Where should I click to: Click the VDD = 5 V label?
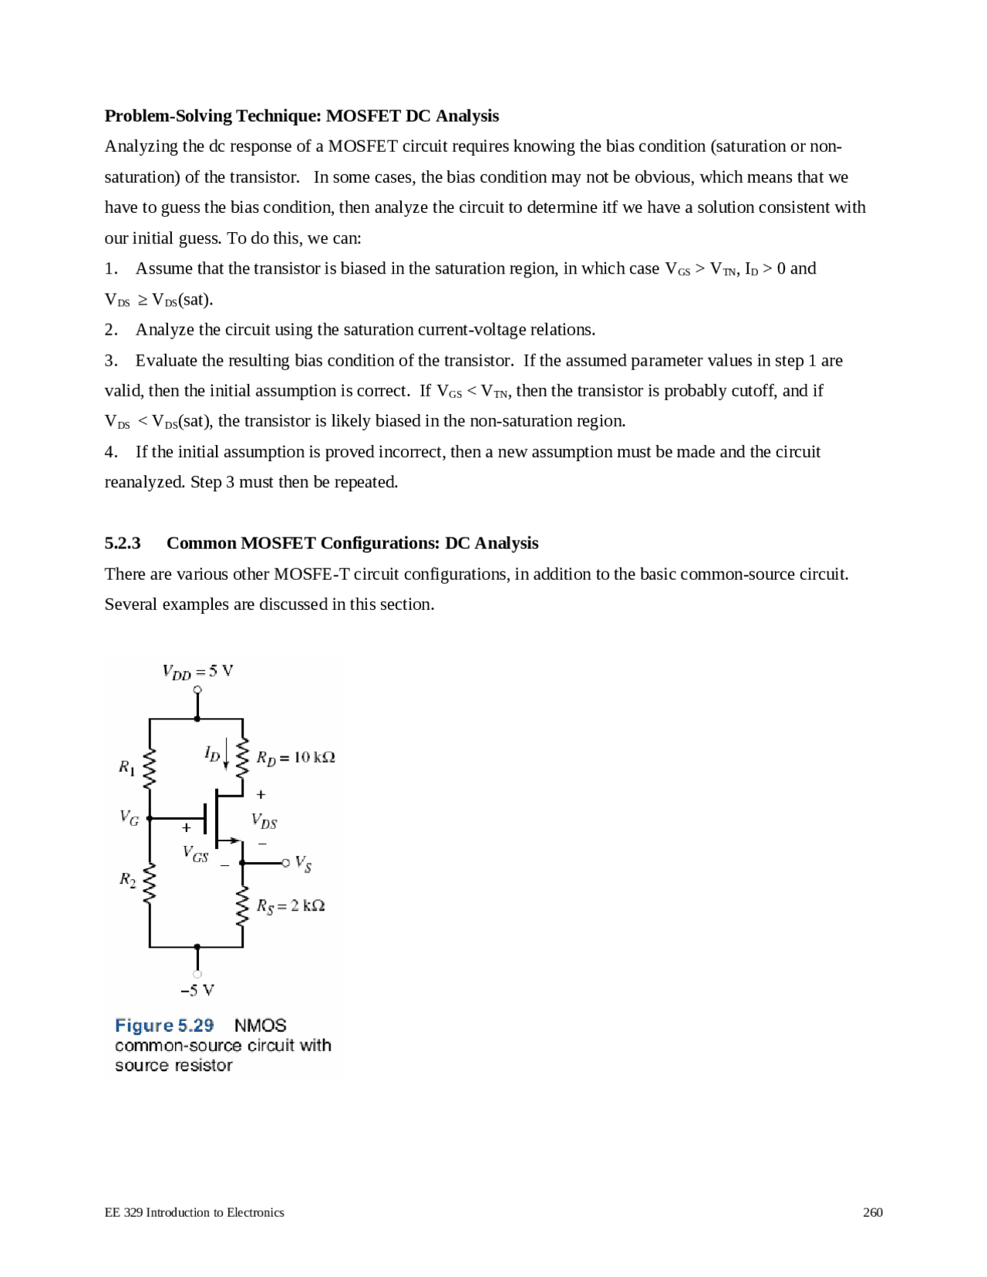(197, 671)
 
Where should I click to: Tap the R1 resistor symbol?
(150, 768)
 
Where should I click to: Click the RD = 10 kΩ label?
(295, 758)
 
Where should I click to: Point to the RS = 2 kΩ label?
(290, 906)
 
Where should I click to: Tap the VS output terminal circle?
(285, 863)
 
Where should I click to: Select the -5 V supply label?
(197, 990)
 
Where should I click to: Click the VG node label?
(129, 818)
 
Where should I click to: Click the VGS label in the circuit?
(195, 854)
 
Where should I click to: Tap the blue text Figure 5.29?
(164, 1026)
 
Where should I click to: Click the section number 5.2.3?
(123, 543)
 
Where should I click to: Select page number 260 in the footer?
(872, 1212)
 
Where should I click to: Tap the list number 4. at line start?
(111, 452)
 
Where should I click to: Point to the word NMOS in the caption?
(260, 1026)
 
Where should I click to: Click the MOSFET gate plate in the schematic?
(205, 819)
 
